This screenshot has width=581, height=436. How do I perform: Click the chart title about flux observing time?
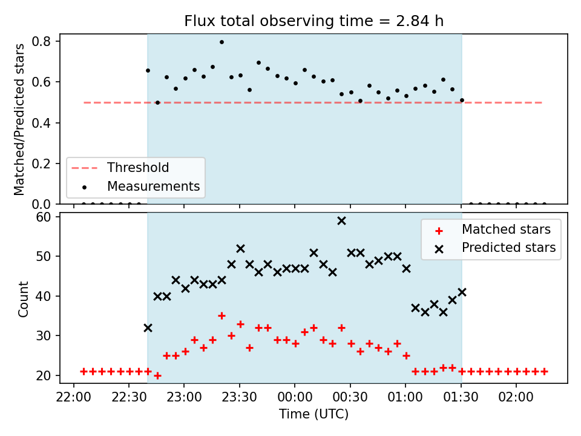314,21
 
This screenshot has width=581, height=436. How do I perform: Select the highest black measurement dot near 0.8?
222,42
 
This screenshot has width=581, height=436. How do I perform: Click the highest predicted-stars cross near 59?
341,221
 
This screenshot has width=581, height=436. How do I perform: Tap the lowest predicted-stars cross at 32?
148,328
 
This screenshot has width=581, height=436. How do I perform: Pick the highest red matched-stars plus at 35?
222,316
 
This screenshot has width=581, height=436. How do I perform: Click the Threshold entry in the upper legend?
120,168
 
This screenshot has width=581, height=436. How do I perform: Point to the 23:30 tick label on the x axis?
240,397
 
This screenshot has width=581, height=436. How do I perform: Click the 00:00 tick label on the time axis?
295,397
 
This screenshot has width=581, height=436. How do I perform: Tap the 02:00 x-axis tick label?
516,397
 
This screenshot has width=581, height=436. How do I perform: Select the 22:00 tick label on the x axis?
73,397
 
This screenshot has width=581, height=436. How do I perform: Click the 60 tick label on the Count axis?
43,217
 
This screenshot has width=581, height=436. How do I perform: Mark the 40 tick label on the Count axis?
43,296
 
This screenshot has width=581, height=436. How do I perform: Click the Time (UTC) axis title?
314,414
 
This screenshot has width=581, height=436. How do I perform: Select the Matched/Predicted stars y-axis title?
19,119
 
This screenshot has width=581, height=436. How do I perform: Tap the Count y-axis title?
23,299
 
